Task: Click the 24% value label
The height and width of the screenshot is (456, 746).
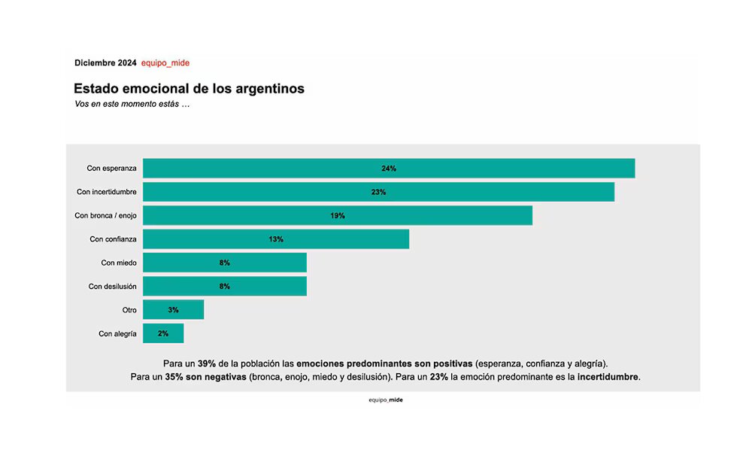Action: [388, 169]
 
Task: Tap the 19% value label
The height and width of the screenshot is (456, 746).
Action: [337, 215]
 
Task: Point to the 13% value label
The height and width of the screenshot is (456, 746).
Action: [275, 239]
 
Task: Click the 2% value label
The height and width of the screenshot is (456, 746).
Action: [163, 333]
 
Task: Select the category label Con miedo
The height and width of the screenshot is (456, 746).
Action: [119, 263]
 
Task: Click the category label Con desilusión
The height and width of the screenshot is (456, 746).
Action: [112, 286]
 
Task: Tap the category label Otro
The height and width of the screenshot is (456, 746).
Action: [129, 309]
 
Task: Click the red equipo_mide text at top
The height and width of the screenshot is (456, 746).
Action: [165, 63]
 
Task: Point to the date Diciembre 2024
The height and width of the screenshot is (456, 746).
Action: [105, 63]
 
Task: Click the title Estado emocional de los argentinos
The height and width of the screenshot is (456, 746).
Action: [189, 88]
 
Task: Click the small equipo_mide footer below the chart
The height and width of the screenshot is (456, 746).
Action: [385, 400]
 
